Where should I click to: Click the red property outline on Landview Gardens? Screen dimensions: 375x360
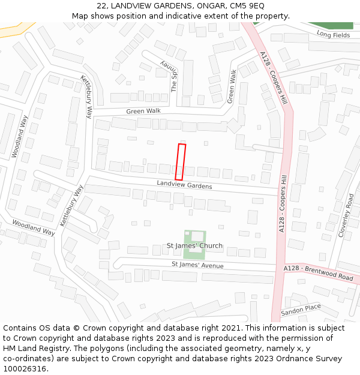(x=181, y=162)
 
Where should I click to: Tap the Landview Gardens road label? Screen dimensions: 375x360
(x=184, y=185)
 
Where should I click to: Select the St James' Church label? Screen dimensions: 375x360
(x=194, y=245)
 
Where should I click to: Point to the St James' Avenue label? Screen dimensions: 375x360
(x=197, y=265)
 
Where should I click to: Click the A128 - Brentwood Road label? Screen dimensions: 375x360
(x=319, y=273)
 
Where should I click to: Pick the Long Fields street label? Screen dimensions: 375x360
(x=333, y=35)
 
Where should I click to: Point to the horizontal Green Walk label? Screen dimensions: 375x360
(x=143, y=111)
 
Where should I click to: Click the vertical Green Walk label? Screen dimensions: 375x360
(x=232, y=86)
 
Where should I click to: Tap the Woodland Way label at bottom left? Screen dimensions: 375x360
(x=33, y=227)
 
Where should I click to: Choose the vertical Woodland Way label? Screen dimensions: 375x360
(x=20, y=136)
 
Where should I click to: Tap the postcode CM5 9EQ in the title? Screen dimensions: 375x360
(x=247, y=5)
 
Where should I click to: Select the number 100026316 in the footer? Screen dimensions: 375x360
(x=25, y=368)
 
